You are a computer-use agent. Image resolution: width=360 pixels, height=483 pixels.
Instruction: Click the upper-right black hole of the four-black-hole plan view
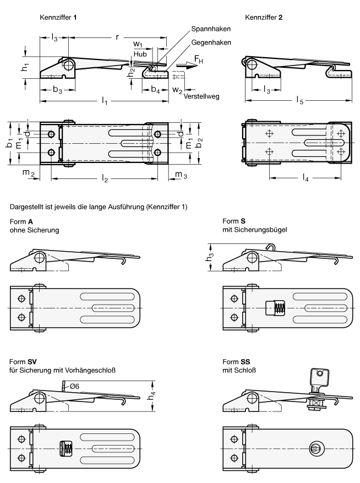[158, 134]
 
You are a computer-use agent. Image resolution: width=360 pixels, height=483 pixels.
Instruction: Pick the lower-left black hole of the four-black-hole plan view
[51, 152]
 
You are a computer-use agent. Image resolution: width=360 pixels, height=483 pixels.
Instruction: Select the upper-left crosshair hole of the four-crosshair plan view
[269, 134]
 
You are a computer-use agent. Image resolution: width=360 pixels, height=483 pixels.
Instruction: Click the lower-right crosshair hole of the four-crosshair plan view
[341, 151]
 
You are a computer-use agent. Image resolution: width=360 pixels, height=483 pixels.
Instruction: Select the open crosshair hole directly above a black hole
[234, 299]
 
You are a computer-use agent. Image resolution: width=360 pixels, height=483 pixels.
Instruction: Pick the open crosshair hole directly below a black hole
[21, 458]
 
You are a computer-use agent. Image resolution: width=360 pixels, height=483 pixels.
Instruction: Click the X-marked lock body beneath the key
[315, 404]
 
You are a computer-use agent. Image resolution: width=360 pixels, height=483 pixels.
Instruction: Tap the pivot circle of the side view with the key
[252, 397]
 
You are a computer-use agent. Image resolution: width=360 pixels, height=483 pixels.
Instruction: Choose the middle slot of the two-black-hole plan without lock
[113, 308]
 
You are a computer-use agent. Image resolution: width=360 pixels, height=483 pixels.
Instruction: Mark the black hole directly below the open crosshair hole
[234, 317]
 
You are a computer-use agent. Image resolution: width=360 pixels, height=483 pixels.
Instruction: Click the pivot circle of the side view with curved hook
[252, 257]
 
